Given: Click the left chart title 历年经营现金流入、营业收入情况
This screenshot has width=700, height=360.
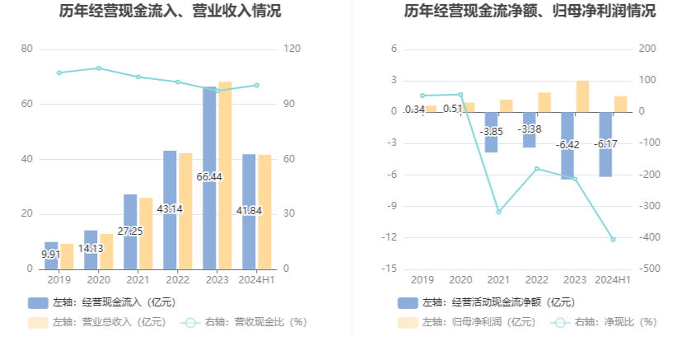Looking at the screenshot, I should pos(170,12).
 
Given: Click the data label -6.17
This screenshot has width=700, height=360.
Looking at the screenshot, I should pos(607,143).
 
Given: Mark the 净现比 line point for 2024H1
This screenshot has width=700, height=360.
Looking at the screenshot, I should pos(613,239).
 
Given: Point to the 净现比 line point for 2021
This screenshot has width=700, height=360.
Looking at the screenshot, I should pos(498,212).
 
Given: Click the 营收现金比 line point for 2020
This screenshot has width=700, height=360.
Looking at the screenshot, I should pos(99,68).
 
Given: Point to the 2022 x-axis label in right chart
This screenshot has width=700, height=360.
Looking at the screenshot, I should pos(537,280).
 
